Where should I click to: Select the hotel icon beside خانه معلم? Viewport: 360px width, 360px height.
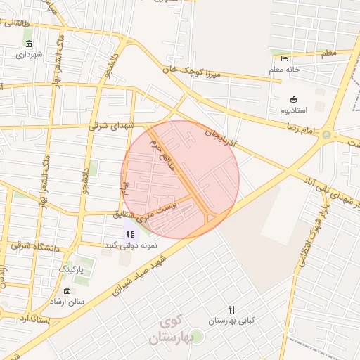pos(284,59)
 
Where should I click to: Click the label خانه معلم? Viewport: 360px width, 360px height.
pos(285,70)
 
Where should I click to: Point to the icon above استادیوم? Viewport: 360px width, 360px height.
pos(293,100)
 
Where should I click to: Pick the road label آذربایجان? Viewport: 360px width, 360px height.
pos(222,141)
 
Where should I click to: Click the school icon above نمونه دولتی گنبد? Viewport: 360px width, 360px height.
pos(130,234)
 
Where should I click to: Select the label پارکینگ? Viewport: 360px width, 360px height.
pos(70,269)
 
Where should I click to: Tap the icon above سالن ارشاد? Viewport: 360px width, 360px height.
pos(67,291)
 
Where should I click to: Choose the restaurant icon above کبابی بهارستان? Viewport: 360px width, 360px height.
pos(231,310)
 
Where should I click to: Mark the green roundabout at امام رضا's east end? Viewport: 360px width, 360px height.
pos(326,134)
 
